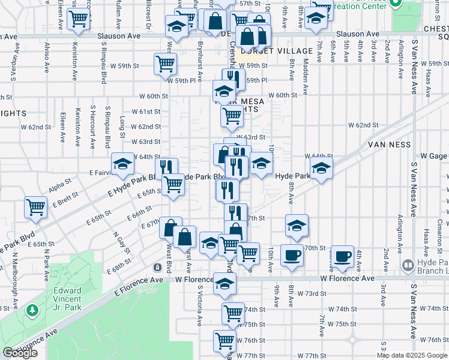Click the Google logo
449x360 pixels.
tap(20, 353)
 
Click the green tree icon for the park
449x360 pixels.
tap(32, 311)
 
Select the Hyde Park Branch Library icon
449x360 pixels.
tap(407, 265)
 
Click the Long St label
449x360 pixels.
tap(122, 127)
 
